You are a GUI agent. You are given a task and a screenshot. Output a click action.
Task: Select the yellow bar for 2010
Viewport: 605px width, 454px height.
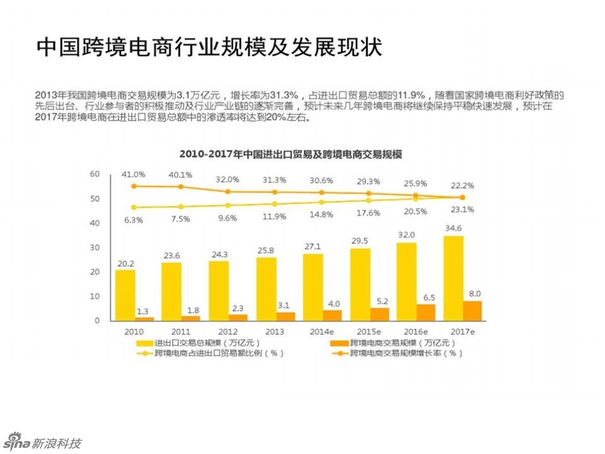(125, 295)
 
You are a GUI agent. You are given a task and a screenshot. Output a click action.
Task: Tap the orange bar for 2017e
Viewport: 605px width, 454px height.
(472, 311)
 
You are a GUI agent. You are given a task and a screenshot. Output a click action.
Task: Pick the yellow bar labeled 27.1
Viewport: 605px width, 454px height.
(313, 287)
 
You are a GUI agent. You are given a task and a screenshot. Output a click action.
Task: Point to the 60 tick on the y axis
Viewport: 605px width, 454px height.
(94, 174)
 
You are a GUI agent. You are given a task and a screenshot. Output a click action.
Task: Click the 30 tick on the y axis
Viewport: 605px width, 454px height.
(94, 248)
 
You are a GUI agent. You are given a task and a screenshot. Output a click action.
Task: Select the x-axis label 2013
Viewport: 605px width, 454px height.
(274, 332)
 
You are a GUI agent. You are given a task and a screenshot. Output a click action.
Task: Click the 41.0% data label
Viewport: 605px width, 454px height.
(134, 174)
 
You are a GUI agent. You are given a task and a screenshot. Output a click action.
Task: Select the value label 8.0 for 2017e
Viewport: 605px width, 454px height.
(474, 294)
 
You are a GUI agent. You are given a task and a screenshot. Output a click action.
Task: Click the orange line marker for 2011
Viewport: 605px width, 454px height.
(181, 187)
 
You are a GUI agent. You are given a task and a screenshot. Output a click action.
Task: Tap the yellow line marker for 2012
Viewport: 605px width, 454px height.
(228, 205)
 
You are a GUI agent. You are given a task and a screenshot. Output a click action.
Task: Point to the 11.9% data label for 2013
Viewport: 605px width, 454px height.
(274, 216)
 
